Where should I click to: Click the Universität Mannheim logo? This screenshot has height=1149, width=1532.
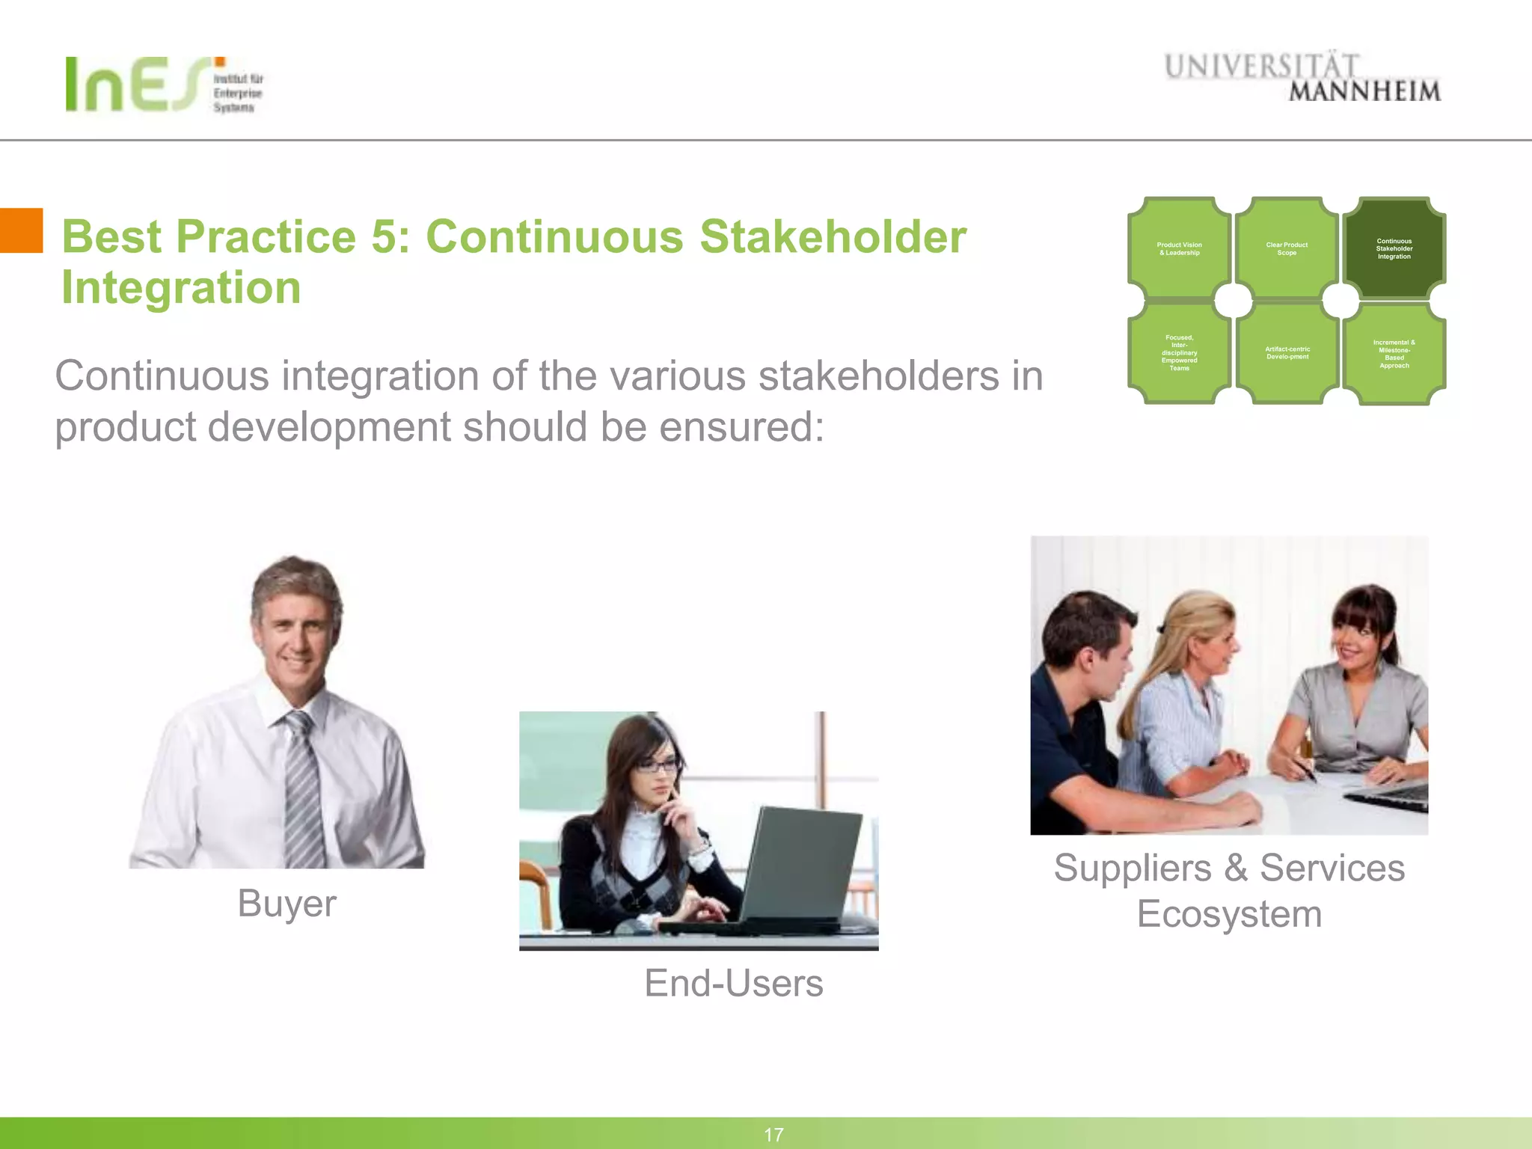tap(1302, 77)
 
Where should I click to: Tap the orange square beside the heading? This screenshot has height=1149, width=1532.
tap(21, 230)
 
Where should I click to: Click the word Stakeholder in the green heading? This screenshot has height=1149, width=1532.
tap(833, 237)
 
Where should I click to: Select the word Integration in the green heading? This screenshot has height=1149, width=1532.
tap(181, 288)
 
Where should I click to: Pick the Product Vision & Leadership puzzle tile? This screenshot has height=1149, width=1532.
tap(1179, 248)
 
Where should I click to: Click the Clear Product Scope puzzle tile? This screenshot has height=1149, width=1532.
tap(1287, 248)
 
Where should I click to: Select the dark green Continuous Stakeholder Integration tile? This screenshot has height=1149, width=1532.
tap(1394, 248)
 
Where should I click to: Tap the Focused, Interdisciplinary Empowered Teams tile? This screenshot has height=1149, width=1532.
tap(1179, 352)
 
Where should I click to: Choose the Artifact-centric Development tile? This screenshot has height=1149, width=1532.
tap(1287, 352)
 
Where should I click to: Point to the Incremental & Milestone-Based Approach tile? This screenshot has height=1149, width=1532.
tap(1394, 354)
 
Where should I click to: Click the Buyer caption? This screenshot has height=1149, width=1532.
tap(287, 903)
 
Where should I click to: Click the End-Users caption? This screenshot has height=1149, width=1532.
tap(733, 983)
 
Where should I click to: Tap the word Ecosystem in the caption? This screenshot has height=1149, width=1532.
tap(1229, 914)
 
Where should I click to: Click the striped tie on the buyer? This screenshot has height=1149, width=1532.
tap(303, 793)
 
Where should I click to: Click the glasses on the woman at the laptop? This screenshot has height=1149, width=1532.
tap(659, 765)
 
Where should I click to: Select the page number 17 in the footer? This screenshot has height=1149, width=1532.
tap(773, 1135)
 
